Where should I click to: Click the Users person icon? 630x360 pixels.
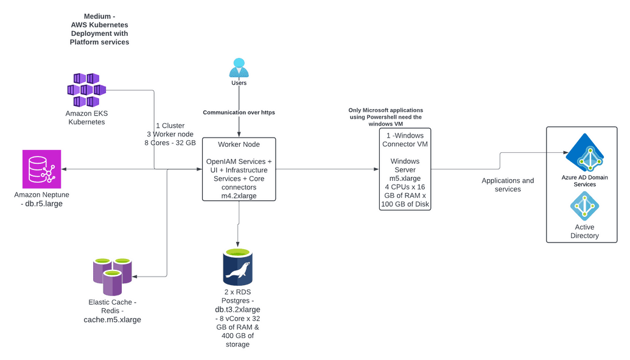click(239, 67)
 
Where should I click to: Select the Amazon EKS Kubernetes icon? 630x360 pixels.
click(86, 90)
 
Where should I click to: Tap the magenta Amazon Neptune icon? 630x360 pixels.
click(42, 169)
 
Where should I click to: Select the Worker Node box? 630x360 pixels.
click(239, 169)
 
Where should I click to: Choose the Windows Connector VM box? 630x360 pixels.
click(405, 169)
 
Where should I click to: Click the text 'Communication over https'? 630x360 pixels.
click(239, 113)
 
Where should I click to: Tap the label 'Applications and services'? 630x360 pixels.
click(508, 185)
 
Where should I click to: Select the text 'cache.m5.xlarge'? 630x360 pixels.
click(112, 319)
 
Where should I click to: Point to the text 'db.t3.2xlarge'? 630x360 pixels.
click(237, 309)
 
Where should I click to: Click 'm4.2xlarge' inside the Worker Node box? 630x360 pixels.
click(239, 196)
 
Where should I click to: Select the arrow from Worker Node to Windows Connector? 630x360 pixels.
click(326, 169)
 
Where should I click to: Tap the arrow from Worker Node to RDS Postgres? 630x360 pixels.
click(238, 222)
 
